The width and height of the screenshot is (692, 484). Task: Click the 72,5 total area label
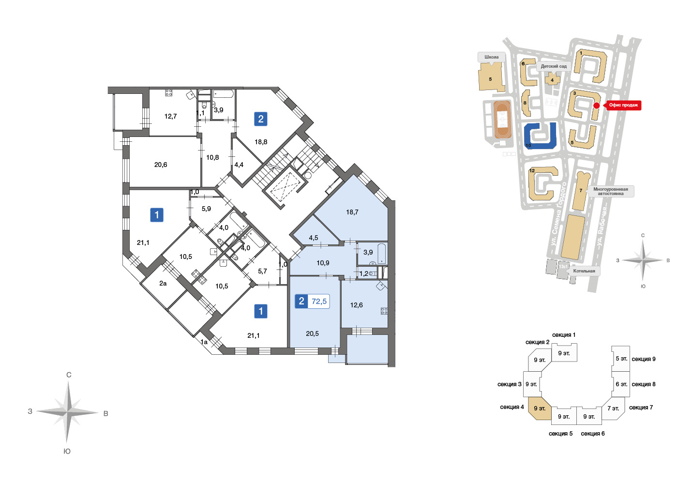(319, 302)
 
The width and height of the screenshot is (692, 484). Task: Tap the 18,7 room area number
(352, 212)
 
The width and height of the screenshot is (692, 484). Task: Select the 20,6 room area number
(161, 165)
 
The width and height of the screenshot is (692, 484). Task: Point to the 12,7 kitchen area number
(170, 116)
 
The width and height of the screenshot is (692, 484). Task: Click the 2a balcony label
(163, 283)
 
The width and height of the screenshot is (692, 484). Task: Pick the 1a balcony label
(204, 342)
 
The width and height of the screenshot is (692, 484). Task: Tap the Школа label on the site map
(491, 57)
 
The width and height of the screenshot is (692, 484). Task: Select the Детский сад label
(554, 66)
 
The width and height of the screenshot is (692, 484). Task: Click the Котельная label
(584, 271)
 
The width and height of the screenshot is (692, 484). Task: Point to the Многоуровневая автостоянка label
(610, 191)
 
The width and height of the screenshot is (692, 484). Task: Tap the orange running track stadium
(502, 120)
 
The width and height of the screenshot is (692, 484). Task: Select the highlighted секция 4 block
(540, 408)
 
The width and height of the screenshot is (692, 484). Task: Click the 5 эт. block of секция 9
(621, 359)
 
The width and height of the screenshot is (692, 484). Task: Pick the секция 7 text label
(641, 408)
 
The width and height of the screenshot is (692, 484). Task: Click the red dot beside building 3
(597, 106)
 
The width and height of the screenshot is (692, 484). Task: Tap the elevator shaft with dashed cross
(285, 184)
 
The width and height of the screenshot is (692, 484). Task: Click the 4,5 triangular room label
(313, 238)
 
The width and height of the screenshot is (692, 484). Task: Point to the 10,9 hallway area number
(323, 263)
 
